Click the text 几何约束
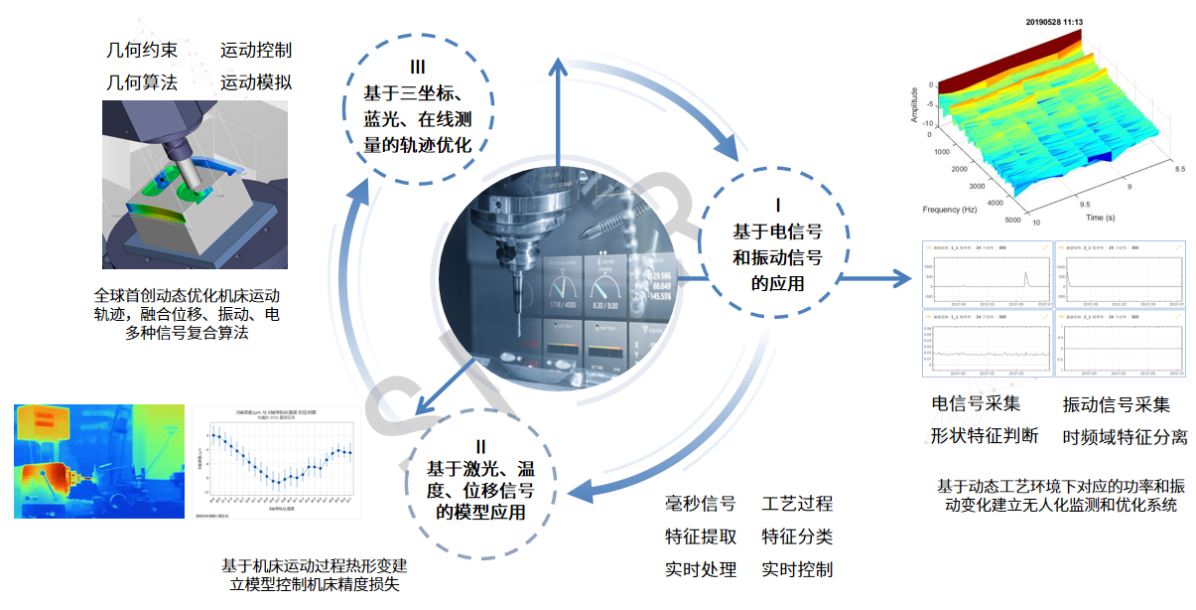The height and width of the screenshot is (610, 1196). [142, 51]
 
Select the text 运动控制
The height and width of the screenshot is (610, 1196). [256, 51]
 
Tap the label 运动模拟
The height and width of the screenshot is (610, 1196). [256, 82]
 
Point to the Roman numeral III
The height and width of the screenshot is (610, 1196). [417, 68]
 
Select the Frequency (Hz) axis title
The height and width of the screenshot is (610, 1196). [955, 210]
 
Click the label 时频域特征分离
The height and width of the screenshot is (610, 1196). [1125, 437]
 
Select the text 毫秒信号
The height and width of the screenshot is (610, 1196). [700, 505]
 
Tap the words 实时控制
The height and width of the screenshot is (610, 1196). [797, 569]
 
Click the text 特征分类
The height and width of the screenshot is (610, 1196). [797, 537]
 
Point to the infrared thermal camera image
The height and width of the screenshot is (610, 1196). [99, 461]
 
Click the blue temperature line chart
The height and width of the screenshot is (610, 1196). [273, 462]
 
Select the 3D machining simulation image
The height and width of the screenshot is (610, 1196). [196, 184]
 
